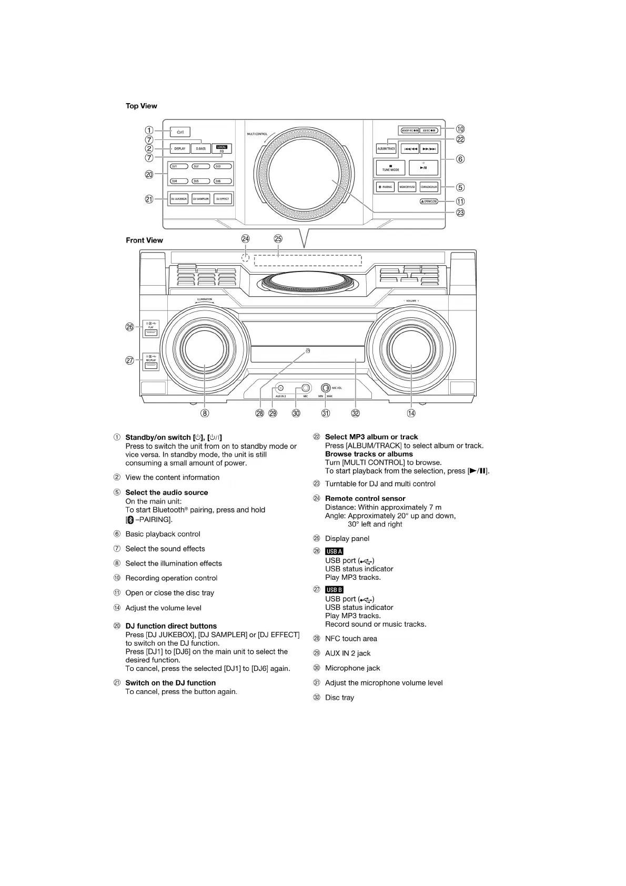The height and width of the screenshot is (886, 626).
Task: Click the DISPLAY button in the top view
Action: (180, 149)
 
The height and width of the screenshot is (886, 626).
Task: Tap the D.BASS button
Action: (201, 149)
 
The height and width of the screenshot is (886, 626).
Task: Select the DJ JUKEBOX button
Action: (179, 199)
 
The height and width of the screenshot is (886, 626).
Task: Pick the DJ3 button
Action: (223, 167)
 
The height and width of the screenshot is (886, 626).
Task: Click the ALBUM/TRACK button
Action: (386, 149)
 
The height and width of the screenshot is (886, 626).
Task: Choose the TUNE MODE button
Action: (390, 168)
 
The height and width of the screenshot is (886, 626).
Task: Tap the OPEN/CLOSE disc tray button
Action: (429, 202)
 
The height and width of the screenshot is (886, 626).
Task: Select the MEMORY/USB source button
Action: (407, 187)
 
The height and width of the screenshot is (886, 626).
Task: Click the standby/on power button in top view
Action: (180, 132)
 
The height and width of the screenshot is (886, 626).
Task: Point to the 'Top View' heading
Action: (141, 106)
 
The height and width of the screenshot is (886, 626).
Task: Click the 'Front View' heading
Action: (144, 240)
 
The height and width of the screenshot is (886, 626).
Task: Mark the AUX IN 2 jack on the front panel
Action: (280, 388)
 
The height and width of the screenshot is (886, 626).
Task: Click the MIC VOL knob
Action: (326, 388)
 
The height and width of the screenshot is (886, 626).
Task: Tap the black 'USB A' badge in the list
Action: (334, 551)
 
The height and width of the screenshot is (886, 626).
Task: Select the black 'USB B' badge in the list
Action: (334, 590)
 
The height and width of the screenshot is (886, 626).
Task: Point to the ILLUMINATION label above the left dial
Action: (205, 299)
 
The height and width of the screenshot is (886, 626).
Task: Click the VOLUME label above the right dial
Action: (411, 301)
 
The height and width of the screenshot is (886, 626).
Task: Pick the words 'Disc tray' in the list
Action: (339, 698)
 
